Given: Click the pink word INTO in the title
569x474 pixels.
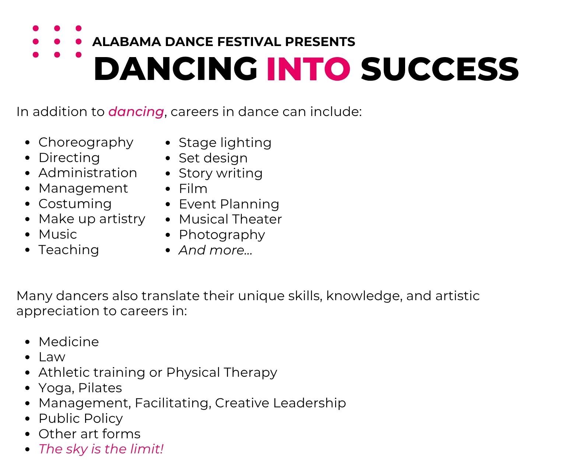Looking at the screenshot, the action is coord(309,69).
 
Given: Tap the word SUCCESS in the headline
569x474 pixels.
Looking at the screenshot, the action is coord(440,69).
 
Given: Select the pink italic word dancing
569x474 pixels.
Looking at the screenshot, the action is coord(136,112).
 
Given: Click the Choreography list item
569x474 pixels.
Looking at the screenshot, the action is coord(86,143).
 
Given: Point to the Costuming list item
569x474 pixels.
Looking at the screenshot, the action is coord(75,204).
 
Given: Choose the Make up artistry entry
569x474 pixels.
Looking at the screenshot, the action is coord(92,219).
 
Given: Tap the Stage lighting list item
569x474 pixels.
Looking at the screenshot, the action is coord(225,143).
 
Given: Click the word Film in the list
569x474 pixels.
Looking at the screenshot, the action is coord(193,189).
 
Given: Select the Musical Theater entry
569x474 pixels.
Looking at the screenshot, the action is coord(230,219).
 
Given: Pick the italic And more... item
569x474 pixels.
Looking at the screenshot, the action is coord(215,250).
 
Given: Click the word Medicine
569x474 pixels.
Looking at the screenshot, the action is coord(69,342).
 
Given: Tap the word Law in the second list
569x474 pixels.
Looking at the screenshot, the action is coord(52,357).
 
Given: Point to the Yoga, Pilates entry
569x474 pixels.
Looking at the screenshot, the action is coord(80,388).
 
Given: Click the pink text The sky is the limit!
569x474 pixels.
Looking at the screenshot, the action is coord(101,449).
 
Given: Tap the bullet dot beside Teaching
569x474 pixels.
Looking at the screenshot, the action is coord(27,250).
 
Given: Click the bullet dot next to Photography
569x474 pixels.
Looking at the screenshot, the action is coord(168,235).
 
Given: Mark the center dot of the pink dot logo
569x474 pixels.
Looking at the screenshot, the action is coord(57,41).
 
